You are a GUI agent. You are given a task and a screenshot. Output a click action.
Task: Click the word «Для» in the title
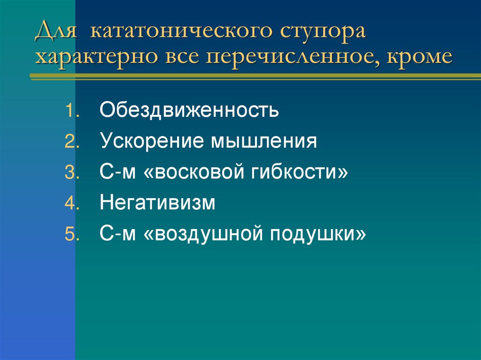pyautogui.click(x=58, y=33)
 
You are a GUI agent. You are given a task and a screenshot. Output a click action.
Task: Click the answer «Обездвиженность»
pyautogui.click(x=189, y=111)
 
